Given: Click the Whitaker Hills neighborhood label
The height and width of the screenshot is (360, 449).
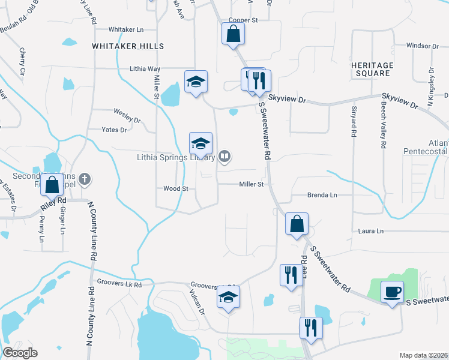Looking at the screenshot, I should [x=120, y=46].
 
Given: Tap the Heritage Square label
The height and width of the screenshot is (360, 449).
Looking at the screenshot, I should [x=372, y=69].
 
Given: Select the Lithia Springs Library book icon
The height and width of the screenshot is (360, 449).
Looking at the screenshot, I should [x=224, y=157].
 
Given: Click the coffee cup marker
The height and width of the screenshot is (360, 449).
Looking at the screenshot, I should [x=393, y=292].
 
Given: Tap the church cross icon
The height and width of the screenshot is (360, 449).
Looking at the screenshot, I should [x=85, y=178].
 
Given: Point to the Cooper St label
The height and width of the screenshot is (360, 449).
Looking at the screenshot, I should [x=243, y=20].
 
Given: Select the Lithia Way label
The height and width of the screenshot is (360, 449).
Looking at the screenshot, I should [x=145, y=69].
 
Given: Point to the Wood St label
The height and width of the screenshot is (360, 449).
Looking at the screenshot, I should [x=176, y=188].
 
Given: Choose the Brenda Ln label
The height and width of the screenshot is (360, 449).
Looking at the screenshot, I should [x=322, y=195].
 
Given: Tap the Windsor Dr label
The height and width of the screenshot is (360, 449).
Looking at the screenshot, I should [x=422, y=46].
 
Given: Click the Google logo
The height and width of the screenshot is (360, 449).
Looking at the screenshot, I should [x=20, y=353].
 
